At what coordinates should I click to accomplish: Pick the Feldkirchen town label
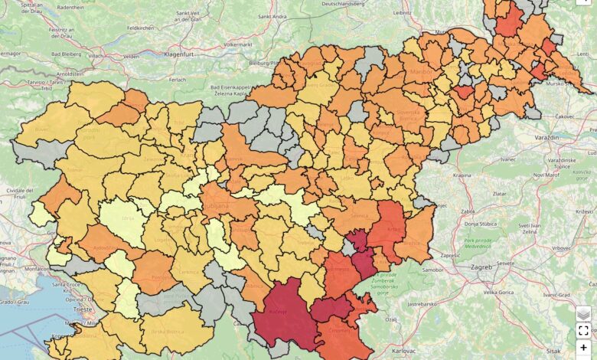click(x=141, y=28)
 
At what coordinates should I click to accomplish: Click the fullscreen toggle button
click(x=583, y=331)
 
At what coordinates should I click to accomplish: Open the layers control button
click(x=583, y=313)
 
